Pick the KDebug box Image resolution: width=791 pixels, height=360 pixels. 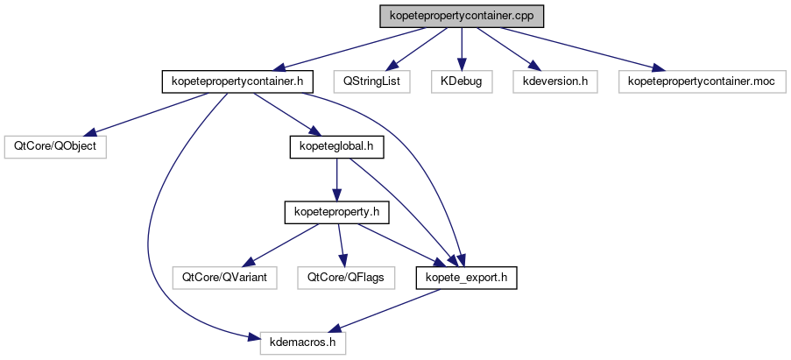click(x=462, y=82)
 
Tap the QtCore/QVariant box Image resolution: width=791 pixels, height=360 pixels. click(x=224, y=278)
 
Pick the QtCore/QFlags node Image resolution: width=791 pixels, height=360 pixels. click(x=345, y=278)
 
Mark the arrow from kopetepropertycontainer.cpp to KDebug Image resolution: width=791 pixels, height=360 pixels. click(x=462, y=49)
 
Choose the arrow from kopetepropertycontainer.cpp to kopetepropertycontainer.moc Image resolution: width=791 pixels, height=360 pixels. click(x=578, y=49)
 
